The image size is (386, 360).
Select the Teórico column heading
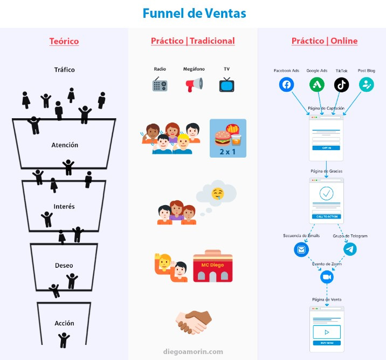[64, 41]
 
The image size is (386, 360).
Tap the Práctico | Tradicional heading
[192, 41]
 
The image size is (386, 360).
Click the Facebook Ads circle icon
[286, 85]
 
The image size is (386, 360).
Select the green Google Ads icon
[317, 85]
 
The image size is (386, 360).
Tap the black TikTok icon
[341, 85]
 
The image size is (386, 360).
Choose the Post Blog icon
[367, 85]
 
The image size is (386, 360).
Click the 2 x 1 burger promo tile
[228, 138]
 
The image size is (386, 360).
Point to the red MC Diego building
[212, 266]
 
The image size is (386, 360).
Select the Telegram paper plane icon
[350, 249]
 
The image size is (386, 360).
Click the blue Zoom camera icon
[326, 277]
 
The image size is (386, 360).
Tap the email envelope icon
[301, 249]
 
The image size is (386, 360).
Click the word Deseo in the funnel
[64, 266]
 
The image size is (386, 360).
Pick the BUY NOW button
[326, 343]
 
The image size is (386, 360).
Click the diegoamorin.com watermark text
[193, 352]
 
